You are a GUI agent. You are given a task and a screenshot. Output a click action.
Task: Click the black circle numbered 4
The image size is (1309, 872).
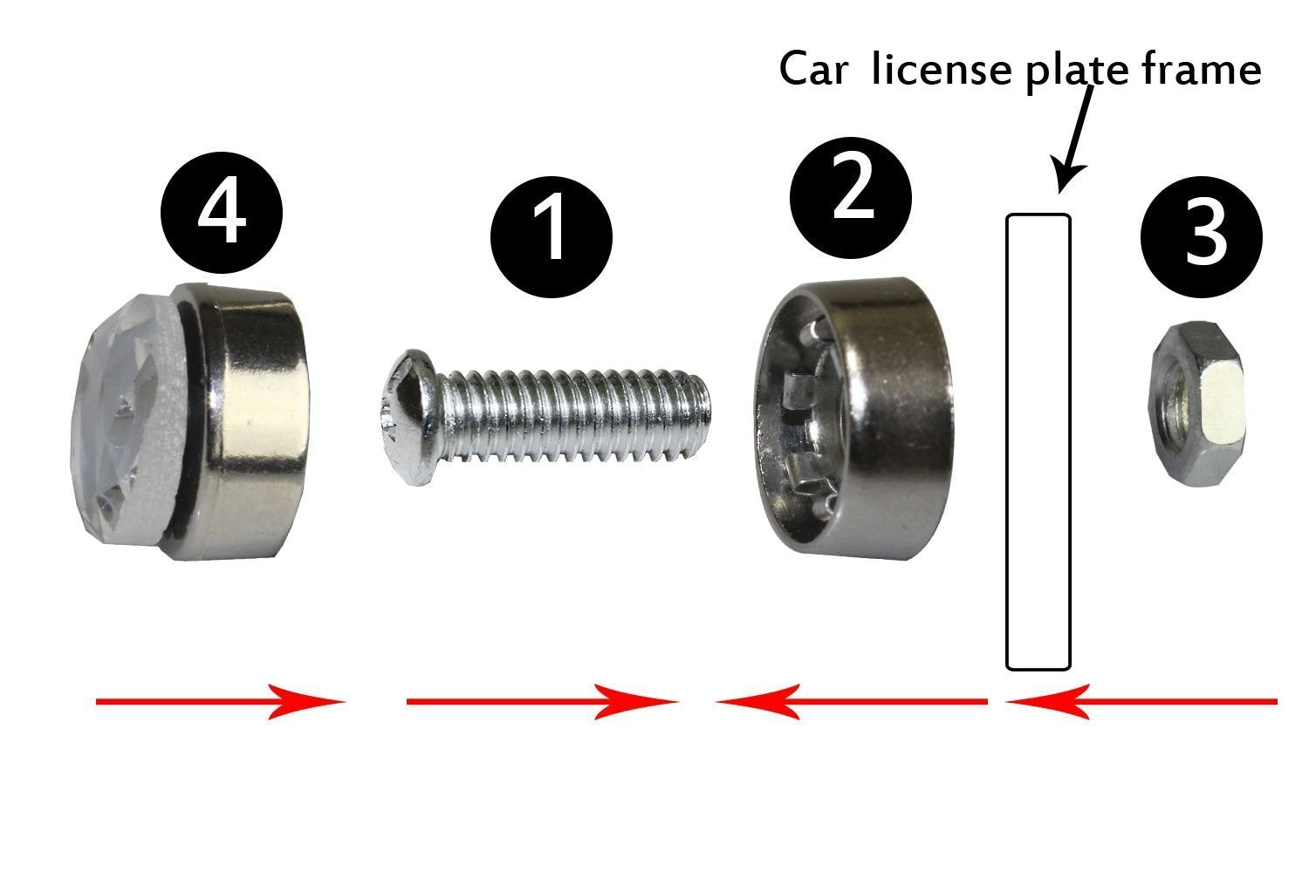222,212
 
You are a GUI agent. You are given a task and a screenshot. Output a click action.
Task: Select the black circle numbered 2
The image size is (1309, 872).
851,194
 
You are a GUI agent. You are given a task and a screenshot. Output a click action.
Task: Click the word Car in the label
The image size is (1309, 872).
812,70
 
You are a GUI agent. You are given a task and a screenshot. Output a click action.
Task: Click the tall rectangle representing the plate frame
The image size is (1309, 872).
1038,442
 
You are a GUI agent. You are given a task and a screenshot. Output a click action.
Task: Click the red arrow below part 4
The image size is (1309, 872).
218,701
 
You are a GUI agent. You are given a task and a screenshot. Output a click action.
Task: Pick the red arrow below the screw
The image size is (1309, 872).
541,701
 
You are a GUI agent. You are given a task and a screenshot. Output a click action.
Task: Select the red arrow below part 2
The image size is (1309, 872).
851,701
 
